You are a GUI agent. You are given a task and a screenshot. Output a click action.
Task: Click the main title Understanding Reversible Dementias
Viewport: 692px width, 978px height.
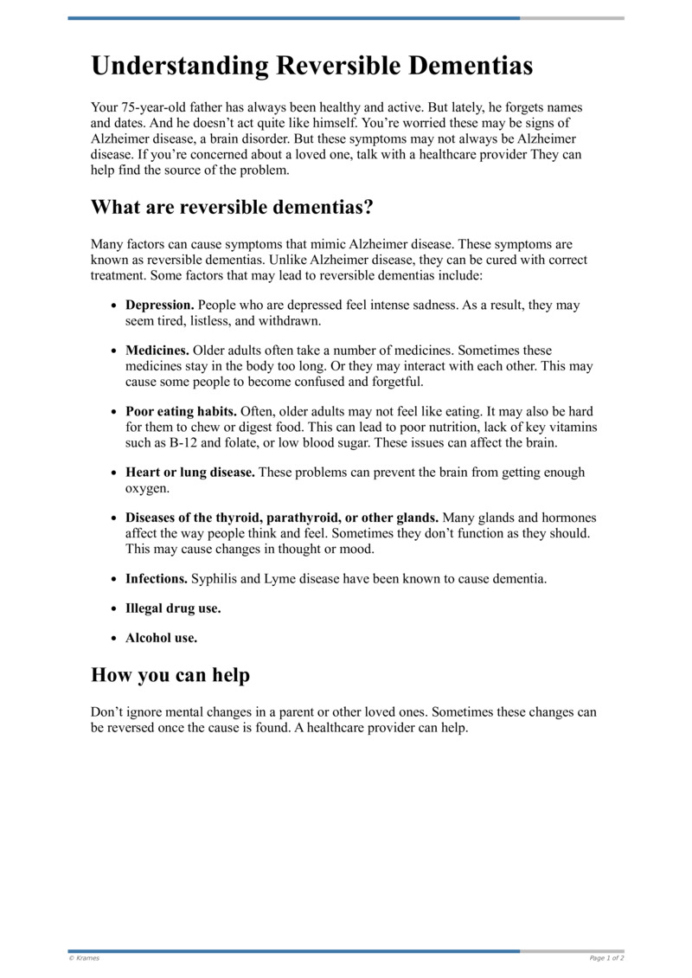[x=311, y=66]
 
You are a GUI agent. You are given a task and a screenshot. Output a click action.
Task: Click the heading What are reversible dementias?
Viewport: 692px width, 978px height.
[x=232, y=208]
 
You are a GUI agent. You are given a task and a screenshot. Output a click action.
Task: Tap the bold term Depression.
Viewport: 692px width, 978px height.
[x=160, y=306]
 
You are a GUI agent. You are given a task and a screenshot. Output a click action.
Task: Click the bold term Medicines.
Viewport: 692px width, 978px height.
[x=157, y=351]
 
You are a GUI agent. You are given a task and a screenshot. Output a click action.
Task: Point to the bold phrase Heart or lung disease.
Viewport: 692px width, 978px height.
[x=190, y=473]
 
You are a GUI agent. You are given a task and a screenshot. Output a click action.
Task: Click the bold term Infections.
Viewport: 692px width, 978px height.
[x=157, y=578]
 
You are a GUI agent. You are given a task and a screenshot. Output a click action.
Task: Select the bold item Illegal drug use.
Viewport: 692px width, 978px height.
[x=173, y=608]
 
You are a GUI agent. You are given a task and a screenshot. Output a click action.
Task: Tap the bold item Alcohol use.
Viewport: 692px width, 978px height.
[x=161, y=639]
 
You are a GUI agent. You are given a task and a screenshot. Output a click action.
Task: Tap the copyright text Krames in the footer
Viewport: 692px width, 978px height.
[x=86, y=958]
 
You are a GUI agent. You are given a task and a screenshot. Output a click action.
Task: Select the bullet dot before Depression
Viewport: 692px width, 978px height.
[x=114, y=306]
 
